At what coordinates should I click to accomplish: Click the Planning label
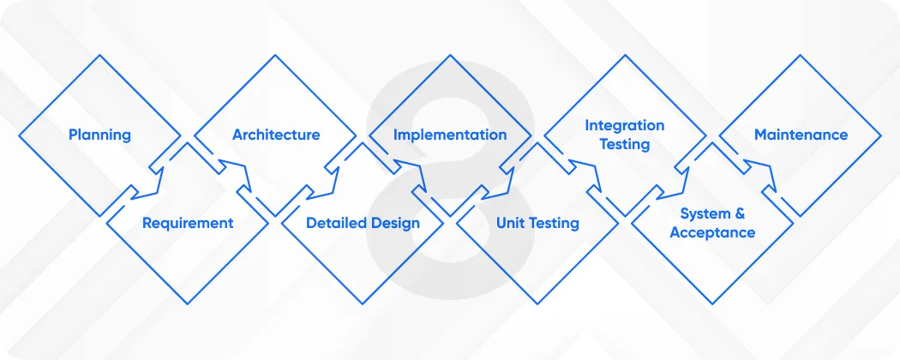click(x=100, y=135)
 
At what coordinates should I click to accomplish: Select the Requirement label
click(x=188, y=223)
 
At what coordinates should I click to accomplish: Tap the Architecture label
click(x=276, y=135)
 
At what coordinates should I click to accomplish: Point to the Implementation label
click(x=450, y=135)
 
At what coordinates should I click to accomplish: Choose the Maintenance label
click(x=801, y=135)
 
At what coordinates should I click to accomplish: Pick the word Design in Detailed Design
click(x=395, y=223)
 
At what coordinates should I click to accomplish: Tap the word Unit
click(x=512, y=223)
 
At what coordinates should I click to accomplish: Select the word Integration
click(x=624, y=125)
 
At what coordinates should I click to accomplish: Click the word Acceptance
click(x=712, y=232)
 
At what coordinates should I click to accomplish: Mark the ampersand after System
click(x=728, y=213)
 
